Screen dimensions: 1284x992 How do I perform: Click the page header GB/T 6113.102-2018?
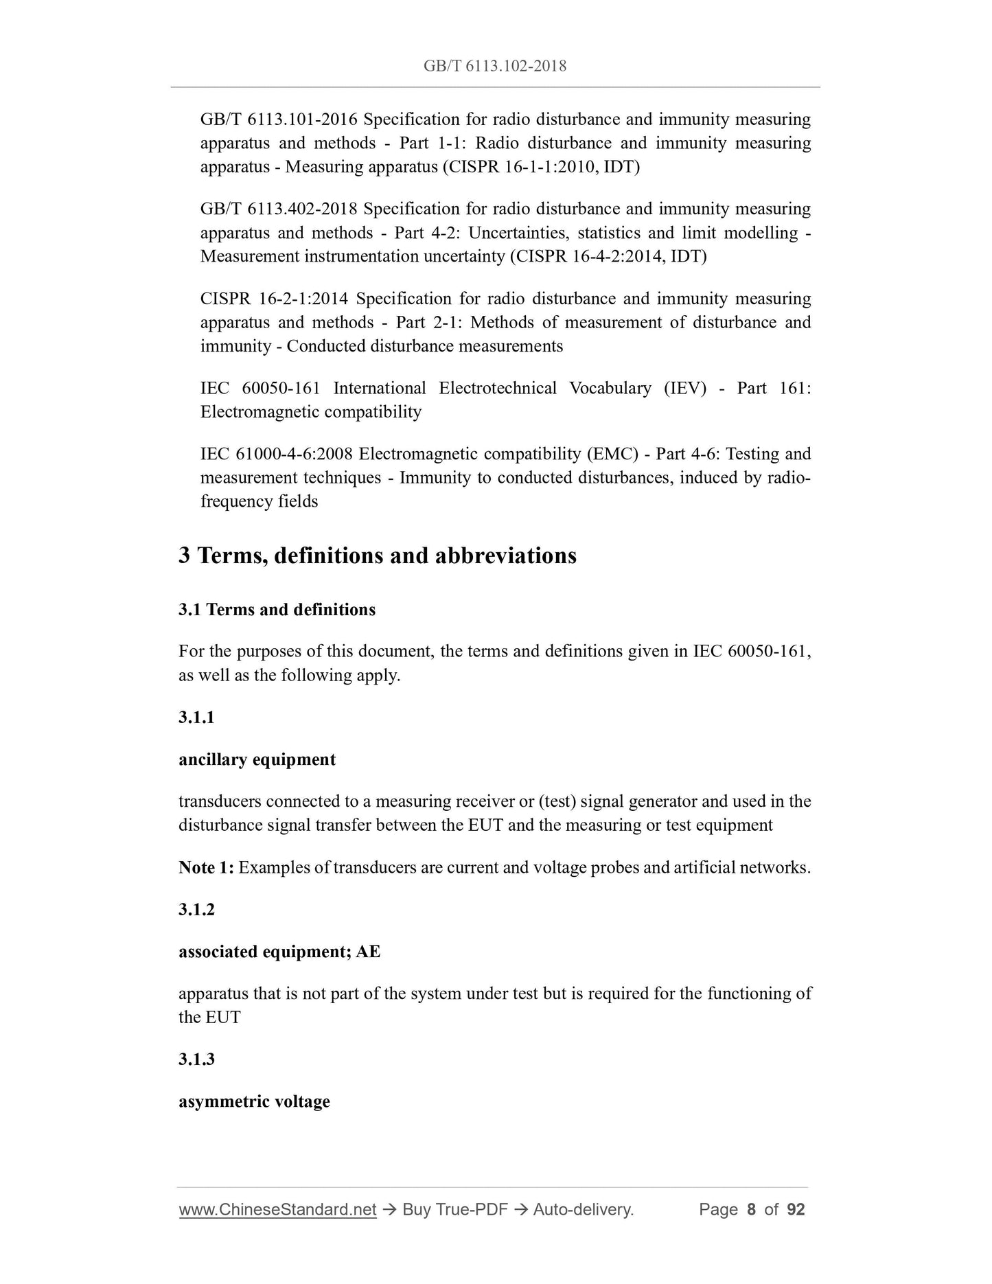tap(495, 66)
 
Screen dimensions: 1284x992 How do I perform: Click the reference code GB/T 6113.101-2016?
tap(279, 119)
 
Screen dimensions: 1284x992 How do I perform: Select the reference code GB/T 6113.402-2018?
tap(279, 209)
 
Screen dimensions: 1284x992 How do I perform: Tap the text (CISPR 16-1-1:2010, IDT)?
tap(542, 167)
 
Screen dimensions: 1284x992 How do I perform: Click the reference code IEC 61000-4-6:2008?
tap(277, 454)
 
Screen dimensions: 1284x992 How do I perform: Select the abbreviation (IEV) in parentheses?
tap(684, 388)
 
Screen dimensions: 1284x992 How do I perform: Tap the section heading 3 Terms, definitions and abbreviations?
tap(378, 555)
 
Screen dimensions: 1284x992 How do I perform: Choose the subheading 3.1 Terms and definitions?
tap(277, 610)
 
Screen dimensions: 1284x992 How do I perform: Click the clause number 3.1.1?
tap(196, 718)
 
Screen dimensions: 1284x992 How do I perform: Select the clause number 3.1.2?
tap(196, 910)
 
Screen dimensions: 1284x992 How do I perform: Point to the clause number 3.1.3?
tap(196, 1059)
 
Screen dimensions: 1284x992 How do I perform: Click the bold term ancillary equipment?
tap(257, 759)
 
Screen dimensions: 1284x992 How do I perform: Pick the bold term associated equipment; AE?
tap(279, 952)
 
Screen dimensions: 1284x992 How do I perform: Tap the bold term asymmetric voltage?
tap(254, 1101)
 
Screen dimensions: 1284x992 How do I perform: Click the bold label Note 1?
tap(206, 868)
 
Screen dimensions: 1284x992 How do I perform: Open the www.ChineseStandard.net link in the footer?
tap(277, 1209)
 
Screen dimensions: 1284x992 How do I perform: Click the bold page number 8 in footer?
tap(751, 1209)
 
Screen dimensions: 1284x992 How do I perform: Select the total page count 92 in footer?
tap(796, 1209)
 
